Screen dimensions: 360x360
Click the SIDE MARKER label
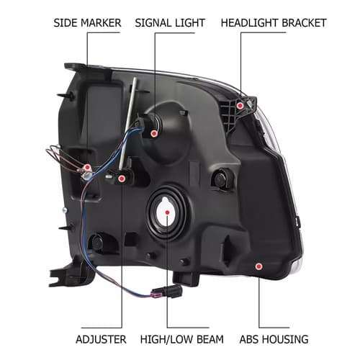(87, 23)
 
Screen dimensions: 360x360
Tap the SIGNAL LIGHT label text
(170, 23)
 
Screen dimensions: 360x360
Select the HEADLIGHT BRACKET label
(274, 23)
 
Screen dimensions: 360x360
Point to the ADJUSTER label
(101, 339)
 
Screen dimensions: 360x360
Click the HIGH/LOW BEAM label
(181, 339)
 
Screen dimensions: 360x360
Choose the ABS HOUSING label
(274, 339)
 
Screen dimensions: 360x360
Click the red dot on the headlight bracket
(240, 105)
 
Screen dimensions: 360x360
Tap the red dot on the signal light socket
(154, 133)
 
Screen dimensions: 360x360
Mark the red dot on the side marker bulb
(88, 167)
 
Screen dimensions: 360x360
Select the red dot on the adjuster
(122, 179)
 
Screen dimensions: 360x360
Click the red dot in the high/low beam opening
(168, 212)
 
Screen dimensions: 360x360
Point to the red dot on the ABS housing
(258, 266)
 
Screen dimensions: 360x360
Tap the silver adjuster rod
(127, 122)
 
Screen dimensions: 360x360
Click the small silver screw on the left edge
(65, 210)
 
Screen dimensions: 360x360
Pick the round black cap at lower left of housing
(97, 242)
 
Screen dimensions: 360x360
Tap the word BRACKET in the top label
(304, 23)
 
